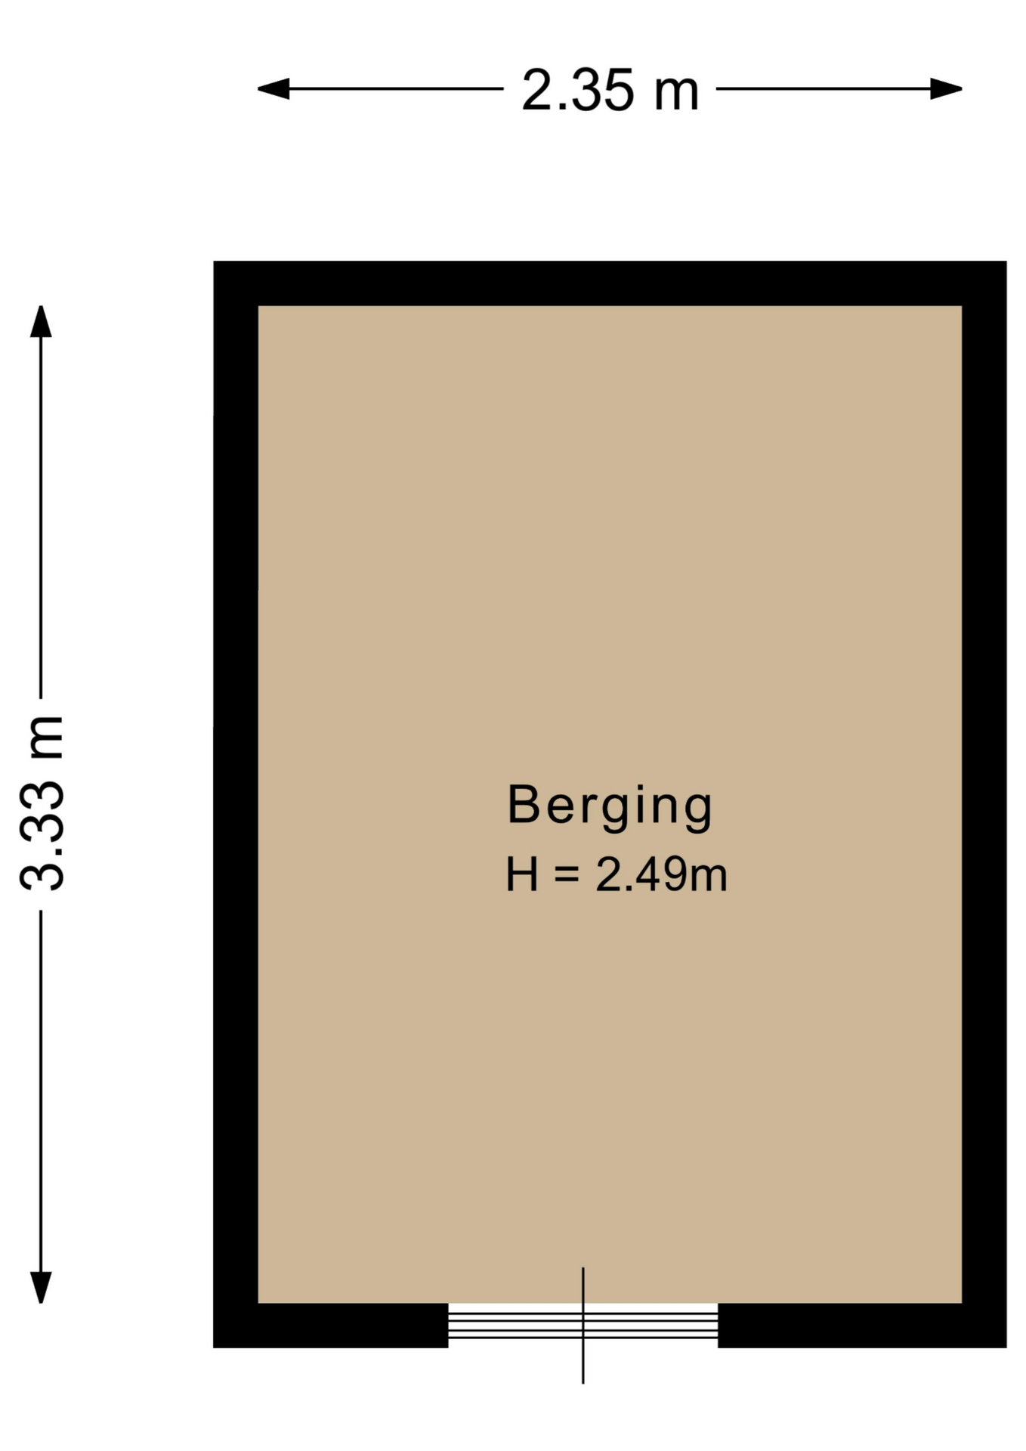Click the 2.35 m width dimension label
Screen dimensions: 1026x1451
coord(610,90)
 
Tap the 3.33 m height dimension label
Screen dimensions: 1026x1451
coord(42,803)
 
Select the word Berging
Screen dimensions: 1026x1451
coord(610,807)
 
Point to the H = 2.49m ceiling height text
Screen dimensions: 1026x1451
coord(616,874)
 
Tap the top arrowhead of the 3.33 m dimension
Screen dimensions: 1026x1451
coord(41,321)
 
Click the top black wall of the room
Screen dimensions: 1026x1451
coord(610,283)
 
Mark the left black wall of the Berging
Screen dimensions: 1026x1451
coord(236,804)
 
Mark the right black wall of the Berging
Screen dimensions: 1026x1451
coord(984,804)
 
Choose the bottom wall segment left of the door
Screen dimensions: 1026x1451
coord(331,1326)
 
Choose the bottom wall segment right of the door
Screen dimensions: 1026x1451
coord(862,1326)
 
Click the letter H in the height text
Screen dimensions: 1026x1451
coord(522,874)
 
